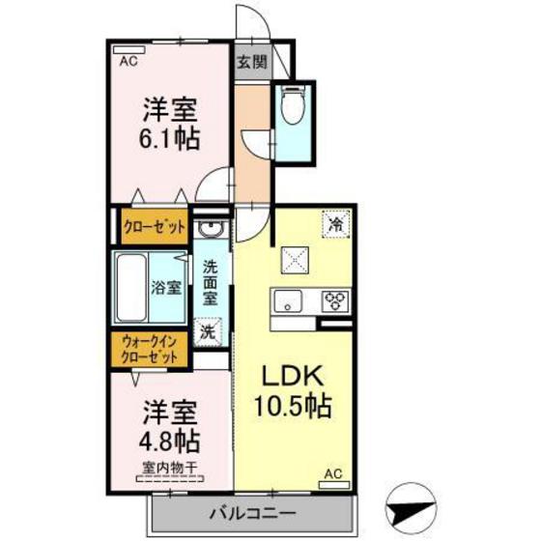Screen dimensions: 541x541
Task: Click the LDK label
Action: pyautogui.click(x=294, y=375)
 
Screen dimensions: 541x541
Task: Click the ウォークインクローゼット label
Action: pyautogui.click(x=151, y=349)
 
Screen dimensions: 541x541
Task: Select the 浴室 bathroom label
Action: pyautogui.click(x=166, y=287)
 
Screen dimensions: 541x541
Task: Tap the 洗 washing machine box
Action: pyautogui.click(x=208, y=330)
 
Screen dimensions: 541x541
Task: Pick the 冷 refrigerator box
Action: pyautogui.click(x=334, y=222)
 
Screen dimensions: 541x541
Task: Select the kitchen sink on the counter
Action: pyautogui.click(x=287, y=300)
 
